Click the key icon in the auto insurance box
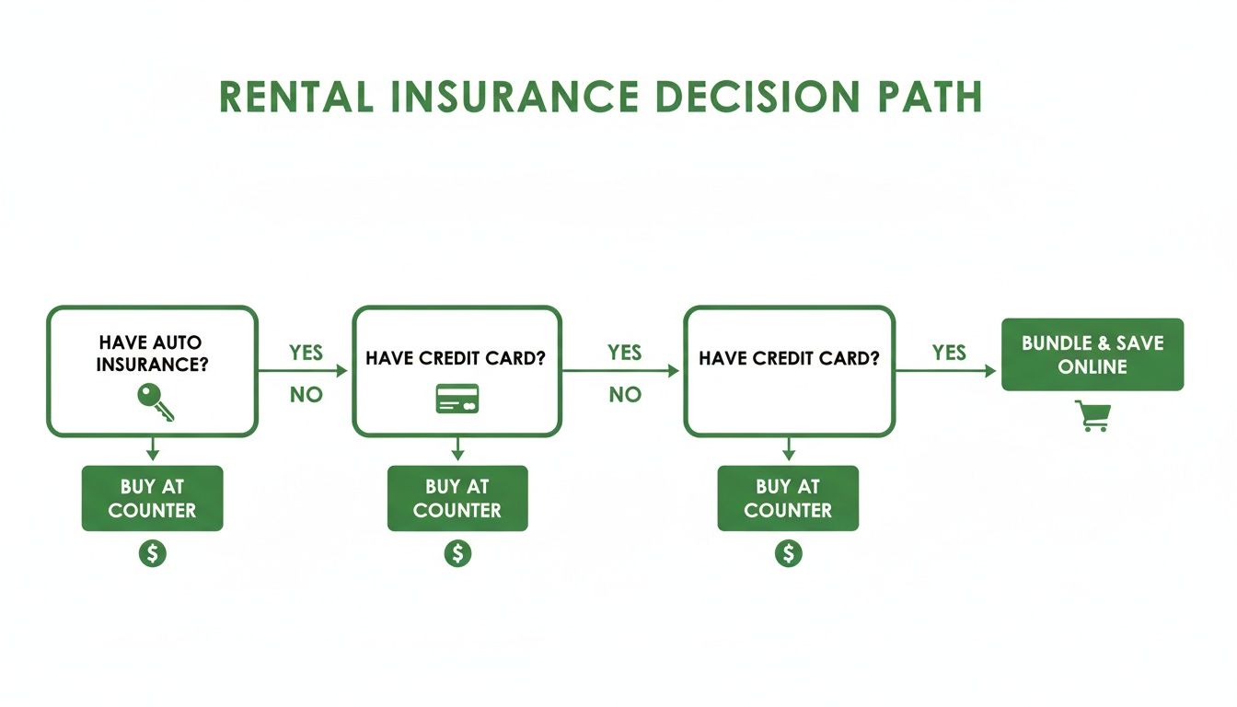(x=154, y=401)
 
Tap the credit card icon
(x=457, y=399)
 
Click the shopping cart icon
(x=1092, y=416)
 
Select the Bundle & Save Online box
(x=1092, y=354)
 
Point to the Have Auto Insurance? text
(x=153, y=353)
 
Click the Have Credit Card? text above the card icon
(x=456, y=358)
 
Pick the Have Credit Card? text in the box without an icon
(x=789, y=358)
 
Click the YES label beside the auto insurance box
(x=306, y=353)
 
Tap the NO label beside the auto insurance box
(x=306, y=395)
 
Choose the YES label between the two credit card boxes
(x=624, y=353)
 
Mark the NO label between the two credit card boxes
(x=624, y=395)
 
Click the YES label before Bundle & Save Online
(x=949, y=353)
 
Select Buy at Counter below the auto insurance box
(x=152, y=498)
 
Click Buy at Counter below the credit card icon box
(x=457, y=498)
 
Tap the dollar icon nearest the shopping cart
(x=788, y=552)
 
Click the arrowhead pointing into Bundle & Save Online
(x=990, y=371)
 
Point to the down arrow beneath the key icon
(x=153, y=450)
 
